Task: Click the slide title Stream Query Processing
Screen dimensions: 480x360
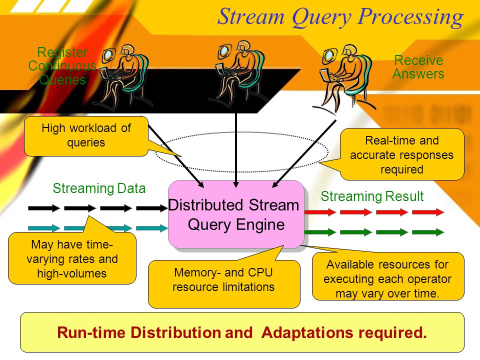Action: tap(340, 17)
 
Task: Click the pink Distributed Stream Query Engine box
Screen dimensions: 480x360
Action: tap(236, 214)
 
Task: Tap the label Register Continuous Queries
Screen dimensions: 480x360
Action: tap(62, 66)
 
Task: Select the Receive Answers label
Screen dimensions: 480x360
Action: tap(418, 67)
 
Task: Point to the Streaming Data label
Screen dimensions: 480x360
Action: tap(99, 188)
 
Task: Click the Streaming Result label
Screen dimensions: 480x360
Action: tap(372, 196)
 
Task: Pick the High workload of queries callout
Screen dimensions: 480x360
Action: tap(86, 136)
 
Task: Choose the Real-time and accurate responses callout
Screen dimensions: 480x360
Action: tap(401, 154)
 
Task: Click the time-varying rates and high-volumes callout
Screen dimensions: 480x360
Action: tap(72, 258)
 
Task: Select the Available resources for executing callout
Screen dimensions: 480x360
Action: tap(387, 276)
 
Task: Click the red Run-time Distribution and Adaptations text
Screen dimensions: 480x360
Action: tap(242, 332)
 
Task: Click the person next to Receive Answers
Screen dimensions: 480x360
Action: tap(344, 76)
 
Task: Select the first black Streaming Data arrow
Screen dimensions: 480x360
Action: tap(44, 208)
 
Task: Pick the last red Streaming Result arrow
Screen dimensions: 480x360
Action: tap(428, 212)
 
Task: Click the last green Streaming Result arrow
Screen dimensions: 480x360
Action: tap(428, 232)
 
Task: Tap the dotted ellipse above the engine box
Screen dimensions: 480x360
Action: tap(242, 132)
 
